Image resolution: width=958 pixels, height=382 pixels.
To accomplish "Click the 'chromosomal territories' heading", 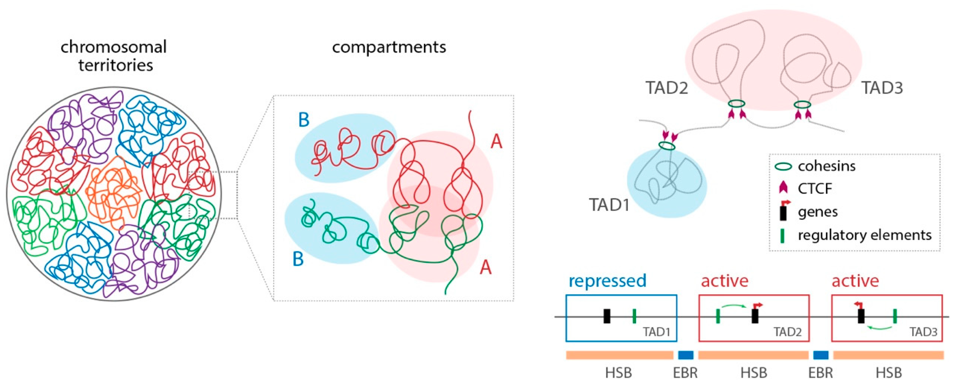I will (113, 56).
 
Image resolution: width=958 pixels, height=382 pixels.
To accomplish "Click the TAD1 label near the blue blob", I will (609, 205).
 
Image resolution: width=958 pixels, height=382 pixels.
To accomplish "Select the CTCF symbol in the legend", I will (783, 188).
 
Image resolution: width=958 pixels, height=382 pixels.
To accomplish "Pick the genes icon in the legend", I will (783, 212).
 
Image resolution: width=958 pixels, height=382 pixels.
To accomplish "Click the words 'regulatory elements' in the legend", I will (864, 235).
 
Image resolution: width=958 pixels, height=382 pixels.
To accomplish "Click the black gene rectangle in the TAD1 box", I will (607, 316).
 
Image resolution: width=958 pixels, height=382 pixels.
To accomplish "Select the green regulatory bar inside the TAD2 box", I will (718, 316).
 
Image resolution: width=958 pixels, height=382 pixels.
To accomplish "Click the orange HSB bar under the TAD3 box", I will (888, 355).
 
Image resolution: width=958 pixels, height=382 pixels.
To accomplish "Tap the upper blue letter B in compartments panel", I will (304, 120).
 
